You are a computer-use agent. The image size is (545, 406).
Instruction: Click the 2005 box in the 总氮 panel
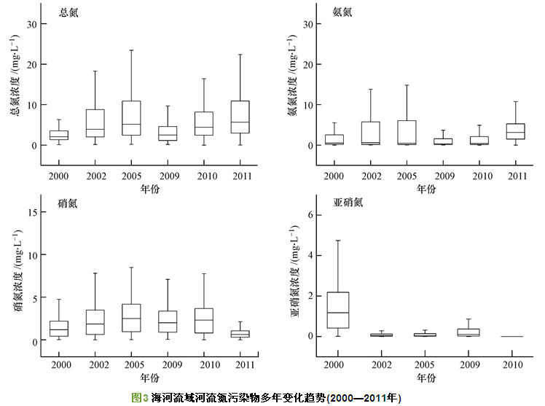pyautogui.click(x=131, y=118)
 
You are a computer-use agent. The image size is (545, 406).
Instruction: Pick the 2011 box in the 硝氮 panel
pyautogui.click(x=240, y=334)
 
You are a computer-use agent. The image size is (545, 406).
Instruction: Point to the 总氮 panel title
pyautogui.click(x=71, y=12)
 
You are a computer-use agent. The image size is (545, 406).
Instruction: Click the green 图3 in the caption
pyautogui.click(x=138, y=397)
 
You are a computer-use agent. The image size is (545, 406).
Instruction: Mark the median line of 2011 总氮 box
pyautogui.click(x=240, y=122)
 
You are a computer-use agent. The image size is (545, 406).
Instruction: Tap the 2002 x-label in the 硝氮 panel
pyautogui.click(x=95, y=363)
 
